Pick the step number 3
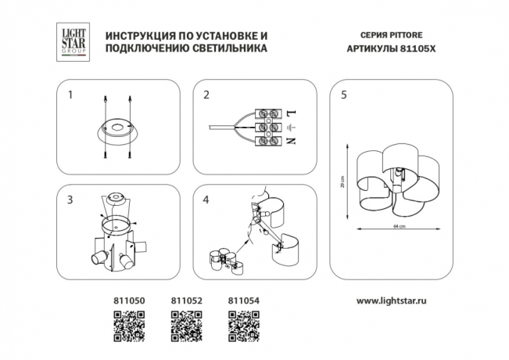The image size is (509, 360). tap(70, 200)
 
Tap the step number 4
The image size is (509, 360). tap(206, 200)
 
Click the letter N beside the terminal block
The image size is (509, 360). tap(291, 141)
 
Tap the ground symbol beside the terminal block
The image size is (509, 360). tap(291, 128)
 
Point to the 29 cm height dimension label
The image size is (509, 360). tap(343, 182)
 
